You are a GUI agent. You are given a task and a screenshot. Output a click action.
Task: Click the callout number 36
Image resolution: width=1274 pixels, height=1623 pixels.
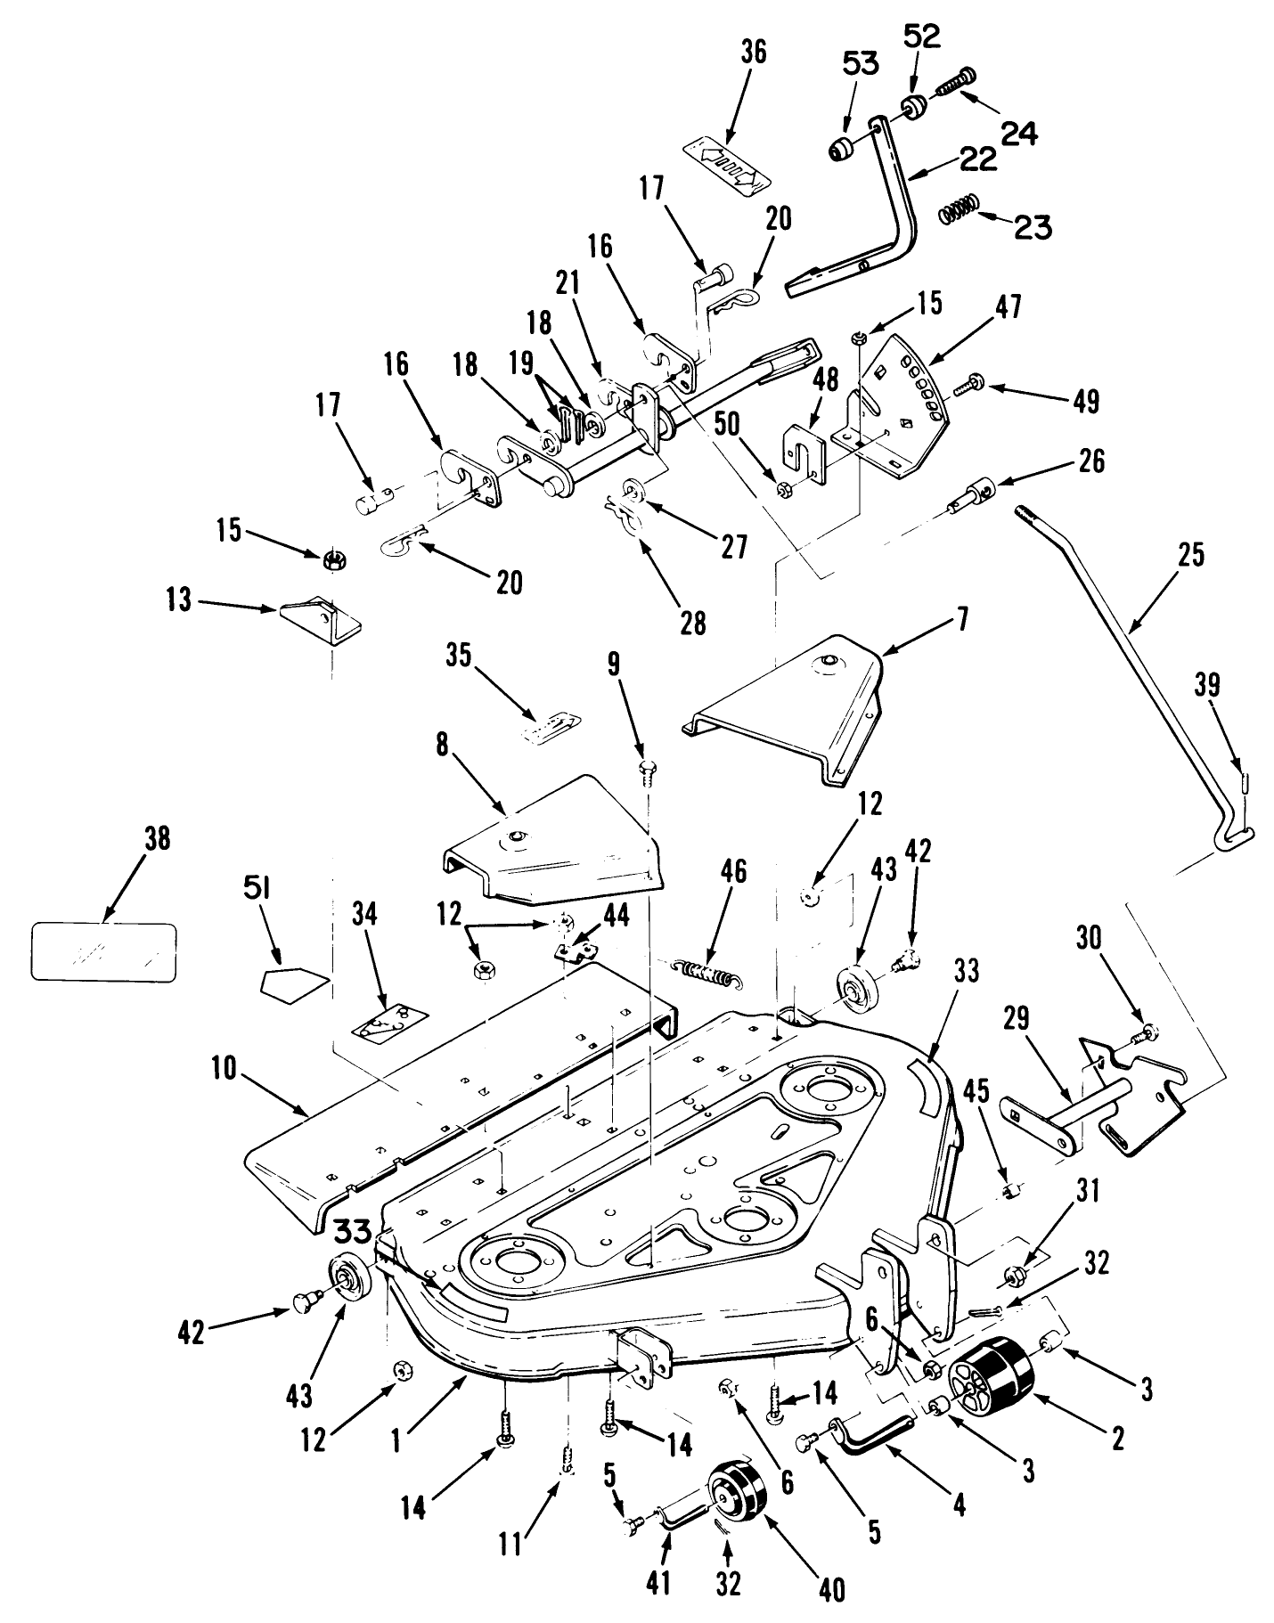pos(753,52)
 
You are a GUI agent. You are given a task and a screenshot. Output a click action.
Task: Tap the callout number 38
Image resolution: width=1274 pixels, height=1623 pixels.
pos(157,840)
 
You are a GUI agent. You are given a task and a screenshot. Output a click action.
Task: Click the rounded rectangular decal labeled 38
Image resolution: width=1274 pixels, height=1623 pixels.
pos(103,951)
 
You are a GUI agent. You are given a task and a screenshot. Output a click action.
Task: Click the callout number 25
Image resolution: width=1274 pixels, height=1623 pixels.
pos(1190,555)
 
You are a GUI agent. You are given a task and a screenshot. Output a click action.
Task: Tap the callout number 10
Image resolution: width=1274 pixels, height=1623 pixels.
pos(225,1069)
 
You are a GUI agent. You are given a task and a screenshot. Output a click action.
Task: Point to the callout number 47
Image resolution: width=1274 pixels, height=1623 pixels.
pos(1009,307)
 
